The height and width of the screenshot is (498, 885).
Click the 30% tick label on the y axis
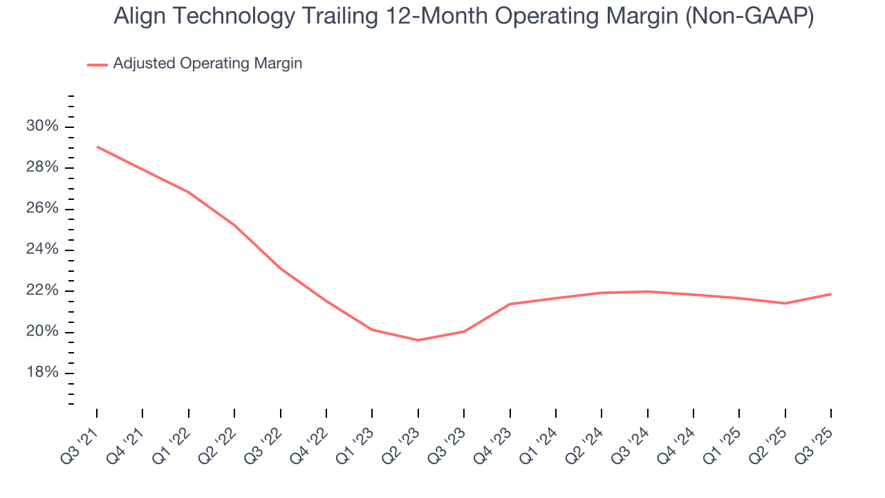[42, 127]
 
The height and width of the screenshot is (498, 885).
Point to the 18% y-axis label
[42, 373]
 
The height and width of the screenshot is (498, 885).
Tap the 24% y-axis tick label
[42, 250]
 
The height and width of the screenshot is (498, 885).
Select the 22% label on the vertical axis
[42, 291]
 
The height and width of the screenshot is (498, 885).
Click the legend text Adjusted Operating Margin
[207, 64]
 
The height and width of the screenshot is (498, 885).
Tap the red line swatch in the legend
[97, 64]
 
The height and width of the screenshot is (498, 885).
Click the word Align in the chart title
[137, 17]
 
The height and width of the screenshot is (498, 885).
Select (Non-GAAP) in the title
[749, 17]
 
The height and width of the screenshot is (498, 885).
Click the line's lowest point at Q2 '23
[418, 340]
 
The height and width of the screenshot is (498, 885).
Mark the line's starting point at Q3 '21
[97, 147]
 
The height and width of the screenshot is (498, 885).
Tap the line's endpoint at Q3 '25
[830, 294]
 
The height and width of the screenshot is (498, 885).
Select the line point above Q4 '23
[510, 304]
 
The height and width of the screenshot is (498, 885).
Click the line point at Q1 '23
[372, 330]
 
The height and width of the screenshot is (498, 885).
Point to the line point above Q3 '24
[647, 291]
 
